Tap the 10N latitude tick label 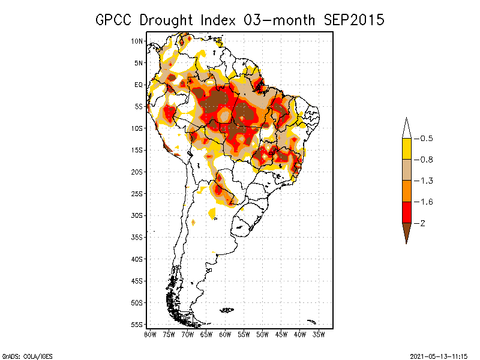137,41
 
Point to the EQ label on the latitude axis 139,85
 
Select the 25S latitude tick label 137,193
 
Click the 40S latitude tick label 137,259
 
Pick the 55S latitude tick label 137,324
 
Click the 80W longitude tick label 150,334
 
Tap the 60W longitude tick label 225,334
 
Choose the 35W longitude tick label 319,334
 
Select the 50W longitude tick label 262,334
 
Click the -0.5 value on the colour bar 423,139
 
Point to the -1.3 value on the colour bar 423,181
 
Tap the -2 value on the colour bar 420,223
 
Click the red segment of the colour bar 406,212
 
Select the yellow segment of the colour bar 406,149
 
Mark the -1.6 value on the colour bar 423,202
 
